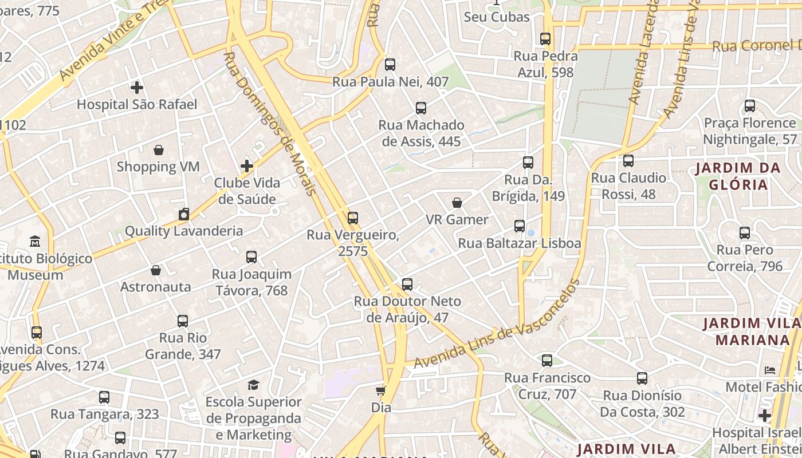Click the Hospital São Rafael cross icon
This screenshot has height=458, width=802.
[136, 88]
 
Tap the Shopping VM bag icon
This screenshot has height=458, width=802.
[159, 150]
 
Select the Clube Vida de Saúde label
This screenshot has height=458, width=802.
[247, 191]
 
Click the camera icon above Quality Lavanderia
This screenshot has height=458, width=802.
[183, 214]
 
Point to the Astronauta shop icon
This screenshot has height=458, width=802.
[156, 270]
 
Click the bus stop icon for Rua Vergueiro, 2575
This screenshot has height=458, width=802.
[353, 218]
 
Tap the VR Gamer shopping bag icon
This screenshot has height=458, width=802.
[457, 203]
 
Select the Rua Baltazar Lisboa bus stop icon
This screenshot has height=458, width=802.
[520, 226]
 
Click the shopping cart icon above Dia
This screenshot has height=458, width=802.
[380, 391]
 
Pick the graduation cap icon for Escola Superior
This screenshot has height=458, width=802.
[253, 385]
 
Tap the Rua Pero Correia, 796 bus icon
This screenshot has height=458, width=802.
[745, 233]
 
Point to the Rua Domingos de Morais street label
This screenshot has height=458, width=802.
[269, 123]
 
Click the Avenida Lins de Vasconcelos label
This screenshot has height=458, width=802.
[496, 324]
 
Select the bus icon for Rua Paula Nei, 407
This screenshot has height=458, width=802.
[390, 65]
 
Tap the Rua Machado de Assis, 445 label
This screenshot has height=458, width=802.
[421, 133]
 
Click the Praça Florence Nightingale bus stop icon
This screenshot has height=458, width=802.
[749, 106]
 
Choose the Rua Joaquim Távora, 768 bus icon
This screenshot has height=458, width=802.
[251, 257]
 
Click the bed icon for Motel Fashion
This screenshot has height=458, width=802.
[770, 370]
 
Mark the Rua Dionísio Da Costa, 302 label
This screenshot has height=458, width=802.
[642, 404]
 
